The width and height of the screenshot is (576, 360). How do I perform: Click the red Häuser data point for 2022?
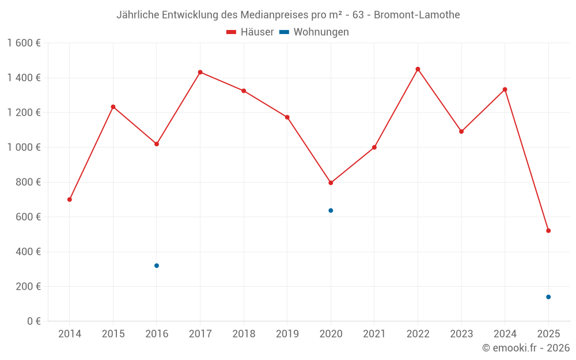418,69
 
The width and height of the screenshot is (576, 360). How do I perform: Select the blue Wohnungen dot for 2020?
331,210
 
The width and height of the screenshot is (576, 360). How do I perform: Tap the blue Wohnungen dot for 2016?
157,266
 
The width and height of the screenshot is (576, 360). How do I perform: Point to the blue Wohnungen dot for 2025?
548,297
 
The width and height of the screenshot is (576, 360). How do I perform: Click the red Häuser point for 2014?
70,199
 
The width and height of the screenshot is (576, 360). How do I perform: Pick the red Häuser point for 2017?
200,72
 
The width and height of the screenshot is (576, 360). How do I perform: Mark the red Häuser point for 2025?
548,230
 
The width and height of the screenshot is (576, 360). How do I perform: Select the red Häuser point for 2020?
331,183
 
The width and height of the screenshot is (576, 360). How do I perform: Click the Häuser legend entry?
250,32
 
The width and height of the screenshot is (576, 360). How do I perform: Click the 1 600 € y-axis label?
24,43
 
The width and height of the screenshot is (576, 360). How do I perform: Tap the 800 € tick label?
28,182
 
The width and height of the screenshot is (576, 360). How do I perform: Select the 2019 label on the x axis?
287,334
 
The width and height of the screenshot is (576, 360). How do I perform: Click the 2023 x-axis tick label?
461,334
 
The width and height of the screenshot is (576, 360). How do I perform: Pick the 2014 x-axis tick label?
70,334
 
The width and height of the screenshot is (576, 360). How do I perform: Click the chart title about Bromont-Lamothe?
288,15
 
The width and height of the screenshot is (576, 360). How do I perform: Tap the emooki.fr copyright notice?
525,348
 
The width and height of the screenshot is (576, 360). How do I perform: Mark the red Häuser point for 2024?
505,89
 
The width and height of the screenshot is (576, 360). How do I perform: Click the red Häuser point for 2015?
113,107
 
